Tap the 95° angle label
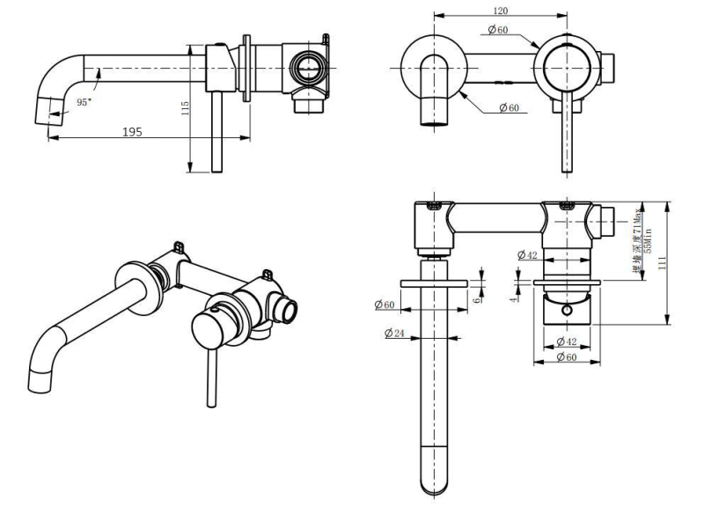tap(84, 102)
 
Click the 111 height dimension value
tap(672, 263)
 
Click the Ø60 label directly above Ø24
tap(384, 304)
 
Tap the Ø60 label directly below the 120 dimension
tap(497, 30)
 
